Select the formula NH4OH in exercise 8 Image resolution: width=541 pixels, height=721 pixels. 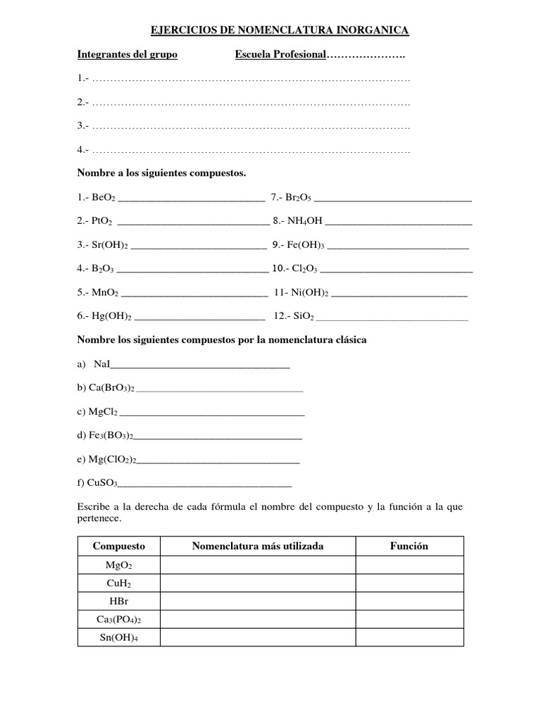pyautogui.click(x=305, y=221)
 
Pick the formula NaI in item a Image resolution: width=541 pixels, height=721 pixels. pyautogui.click(x=101, y=364)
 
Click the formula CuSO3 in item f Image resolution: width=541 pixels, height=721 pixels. pyautogui.click(x=102, y=483)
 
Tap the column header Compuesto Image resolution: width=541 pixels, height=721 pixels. pyautogui.click(x=118, y=546)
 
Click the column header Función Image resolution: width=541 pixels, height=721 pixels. pyautogui.click(x=409, y=546)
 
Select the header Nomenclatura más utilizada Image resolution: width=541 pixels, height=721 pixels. pyautogui.click(x=258, y=546)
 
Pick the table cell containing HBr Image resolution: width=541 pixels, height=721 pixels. pyautogui.click(x=118, y=601)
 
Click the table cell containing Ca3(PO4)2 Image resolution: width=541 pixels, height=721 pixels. pyautogui.click(x=118, y=620)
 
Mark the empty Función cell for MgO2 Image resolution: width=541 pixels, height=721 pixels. pyautogui.click(x=409, y=565)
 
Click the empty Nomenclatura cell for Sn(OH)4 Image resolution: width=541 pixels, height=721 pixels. pyautogui.click(x=258, y=638)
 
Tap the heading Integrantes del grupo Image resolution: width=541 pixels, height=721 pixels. pyautogui.click(x=127, y=55)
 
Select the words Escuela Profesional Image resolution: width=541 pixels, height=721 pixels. pyautogui.click(x=280, y=55)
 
